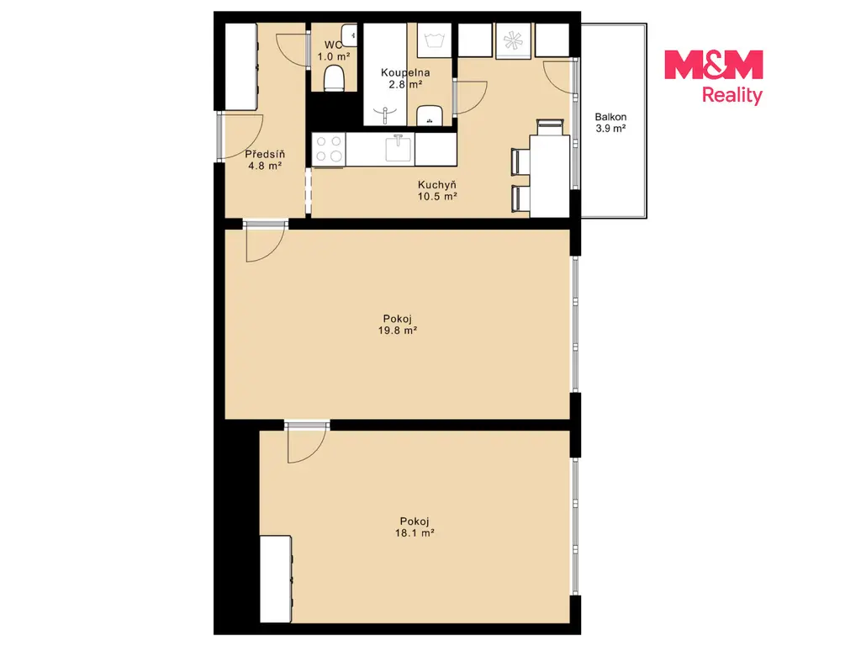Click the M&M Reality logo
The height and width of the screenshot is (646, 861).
(x=713, y=77)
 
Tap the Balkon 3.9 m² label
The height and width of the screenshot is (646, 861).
(x=610, y=123)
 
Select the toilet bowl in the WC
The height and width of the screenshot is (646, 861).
(x=334, y=78)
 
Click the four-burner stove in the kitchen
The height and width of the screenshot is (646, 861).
(x=329, y=149)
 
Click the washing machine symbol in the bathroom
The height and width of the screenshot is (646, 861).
(x=434, y=40)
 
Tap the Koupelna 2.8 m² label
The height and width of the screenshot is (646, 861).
(x=405, y=78)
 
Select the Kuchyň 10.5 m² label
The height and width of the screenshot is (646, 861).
(x=437, y=191)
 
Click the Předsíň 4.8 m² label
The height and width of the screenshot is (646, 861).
(x=265, y=160)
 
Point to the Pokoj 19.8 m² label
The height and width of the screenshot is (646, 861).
(x=397, y=325)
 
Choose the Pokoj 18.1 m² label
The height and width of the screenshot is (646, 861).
(x=415, y=527)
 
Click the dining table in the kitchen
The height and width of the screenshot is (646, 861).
(x=549, y=175)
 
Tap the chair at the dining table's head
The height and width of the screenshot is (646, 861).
(x=550, y=127)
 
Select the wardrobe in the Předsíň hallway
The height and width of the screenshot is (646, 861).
(x=241, y=66)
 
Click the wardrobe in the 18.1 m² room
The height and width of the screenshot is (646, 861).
(x=276, y=579)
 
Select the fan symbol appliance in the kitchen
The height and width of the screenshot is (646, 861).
(x=514, y=40)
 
